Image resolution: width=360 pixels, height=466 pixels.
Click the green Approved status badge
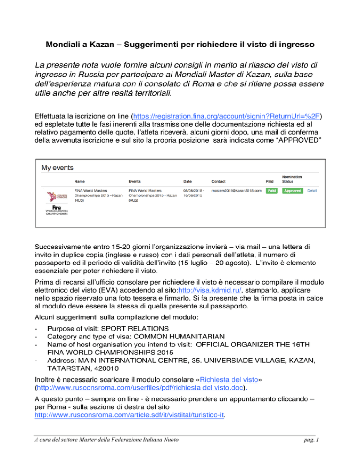[x=292, y=191]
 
